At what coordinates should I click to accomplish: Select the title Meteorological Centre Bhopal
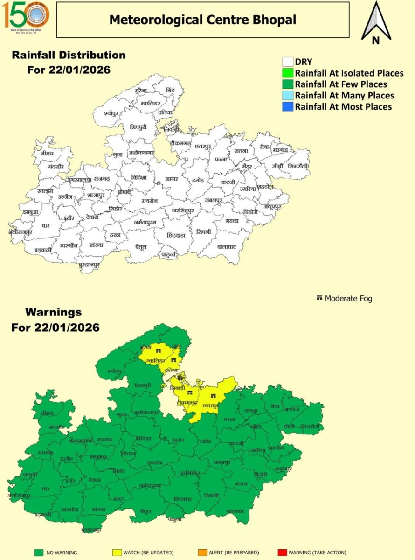(x=202, y=20)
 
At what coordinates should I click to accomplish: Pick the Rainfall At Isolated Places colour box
(x=288, y=73)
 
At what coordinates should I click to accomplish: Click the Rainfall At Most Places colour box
(x=288, y=107)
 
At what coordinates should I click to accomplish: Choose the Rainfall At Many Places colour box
(x=288, y=96)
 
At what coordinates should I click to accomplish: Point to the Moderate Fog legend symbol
(x=319, y=298)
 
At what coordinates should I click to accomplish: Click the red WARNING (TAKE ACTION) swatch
(x=282, y=553)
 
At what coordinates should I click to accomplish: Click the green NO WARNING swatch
(x=39, y=553)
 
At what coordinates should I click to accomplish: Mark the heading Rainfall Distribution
(x=69, y=55)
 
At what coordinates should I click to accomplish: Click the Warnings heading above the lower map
(x=53, y=312)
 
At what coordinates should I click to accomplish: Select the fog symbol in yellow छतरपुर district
(x=213, y=396)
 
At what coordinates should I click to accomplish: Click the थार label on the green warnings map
(x=45, y=489)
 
